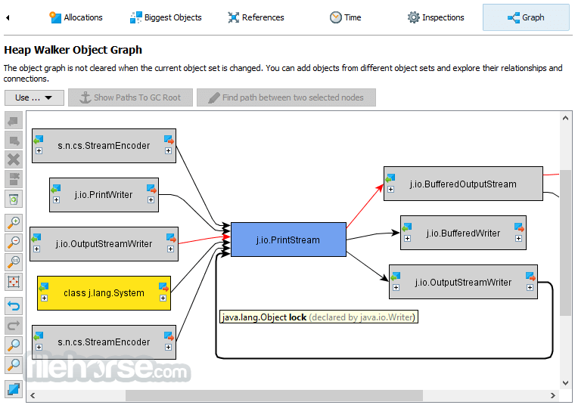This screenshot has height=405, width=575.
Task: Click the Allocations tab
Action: pyautogui.click(x=76, y=17)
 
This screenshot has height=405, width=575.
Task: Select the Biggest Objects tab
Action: pyautogui.click(x=166, y=17)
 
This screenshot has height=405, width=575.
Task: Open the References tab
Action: pyautogui.click(x=256, y=17)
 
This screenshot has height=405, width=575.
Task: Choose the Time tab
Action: pyautogui.click(x=346, y=17)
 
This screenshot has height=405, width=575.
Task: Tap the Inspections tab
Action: pyautogui.click(x=436, y=17)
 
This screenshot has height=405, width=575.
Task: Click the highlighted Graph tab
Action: pyautogui.click(x=526, y=17)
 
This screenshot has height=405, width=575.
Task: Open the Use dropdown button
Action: pyautogui.click(x=34, y=97)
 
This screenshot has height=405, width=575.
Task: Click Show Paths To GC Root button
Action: pyautogui.click(x=131, y=97)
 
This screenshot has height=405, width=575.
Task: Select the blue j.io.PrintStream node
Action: pyautogui.click(x=288, y=240)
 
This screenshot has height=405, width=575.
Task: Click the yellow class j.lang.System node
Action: pyautogui.click(x=104, y=293)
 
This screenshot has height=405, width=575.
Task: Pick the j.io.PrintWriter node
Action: pyautogui.click(x=104, y=195)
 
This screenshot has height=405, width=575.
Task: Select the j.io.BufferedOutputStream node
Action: pyautogui.click(x=463, y=184)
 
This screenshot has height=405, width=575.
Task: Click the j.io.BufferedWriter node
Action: pyautogui.click(x=463, y=233)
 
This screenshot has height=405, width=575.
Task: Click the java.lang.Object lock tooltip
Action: pyautogui.click(x=319, y=317)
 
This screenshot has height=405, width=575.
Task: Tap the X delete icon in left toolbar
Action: pyautogui.click(x=14, y=159)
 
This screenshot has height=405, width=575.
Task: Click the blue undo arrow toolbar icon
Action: pyautogui.click(x=14, y=305)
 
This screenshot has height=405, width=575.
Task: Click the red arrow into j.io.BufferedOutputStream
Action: pyautogui.click(x=365, y=206)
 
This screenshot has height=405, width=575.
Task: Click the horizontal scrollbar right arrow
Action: pyautogui.click(x=552, y=395)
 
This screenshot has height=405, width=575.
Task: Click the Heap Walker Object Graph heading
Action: pyautogui.click(x=73, y=50)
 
